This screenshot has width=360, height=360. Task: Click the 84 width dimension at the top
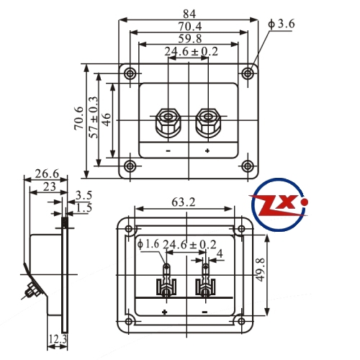click(189, 14)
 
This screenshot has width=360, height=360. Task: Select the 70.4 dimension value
click(189, 27)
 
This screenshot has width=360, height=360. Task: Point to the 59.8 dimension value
click(190, 39)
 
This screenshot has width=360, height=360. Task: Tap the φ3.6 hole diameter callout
click(282, 24)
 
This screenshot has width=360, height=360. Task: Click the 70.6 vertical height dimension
click(79, 119)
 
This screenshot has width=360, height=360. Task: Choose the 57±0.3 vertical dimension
click(94, 117)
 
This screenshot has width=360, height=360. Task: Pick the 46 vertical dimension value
click(107, 120)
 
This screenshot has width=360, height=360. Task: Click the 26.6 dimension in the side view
click(47, 174)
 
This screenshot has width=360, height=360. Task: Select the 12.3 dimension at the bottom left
click(58, 339)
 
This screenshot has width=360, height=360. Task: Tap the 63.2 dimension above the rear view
click(184, 202)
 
